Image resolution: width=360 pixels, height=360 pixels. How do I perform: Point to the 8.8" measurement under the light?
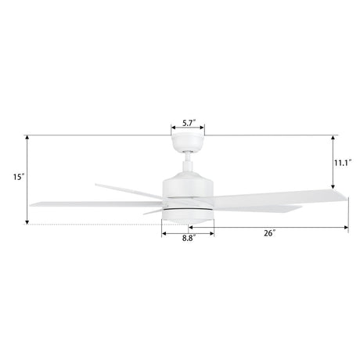click(189, 238)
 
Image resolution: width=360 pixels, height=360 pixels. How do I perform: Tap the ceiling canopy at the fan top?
click(188, 140)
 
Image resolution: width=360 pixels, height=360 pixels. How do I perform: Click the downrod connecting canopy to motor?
click(188, 163)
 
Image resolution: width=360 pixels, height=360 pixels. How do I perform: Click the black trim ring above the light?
click(188, 210)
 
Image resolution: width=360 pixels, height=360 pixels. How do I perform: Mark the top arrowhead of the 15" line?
click(28, 137)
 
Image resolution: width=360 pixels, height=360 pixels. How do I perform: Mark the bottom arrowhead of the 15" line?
click(28, 224)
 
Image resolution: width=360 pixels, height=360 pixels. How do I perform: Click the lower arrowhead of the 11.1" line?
click(334, 185)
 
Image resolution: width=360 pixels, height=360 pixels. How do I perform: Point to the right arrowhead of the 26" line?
click(347, 228)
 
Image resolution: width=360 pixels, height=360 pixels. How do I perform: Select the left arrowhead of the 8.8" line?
click(164, 232)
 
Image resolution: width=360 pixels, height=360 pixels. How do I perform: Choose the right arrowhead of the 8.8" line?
click(212, 232)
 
